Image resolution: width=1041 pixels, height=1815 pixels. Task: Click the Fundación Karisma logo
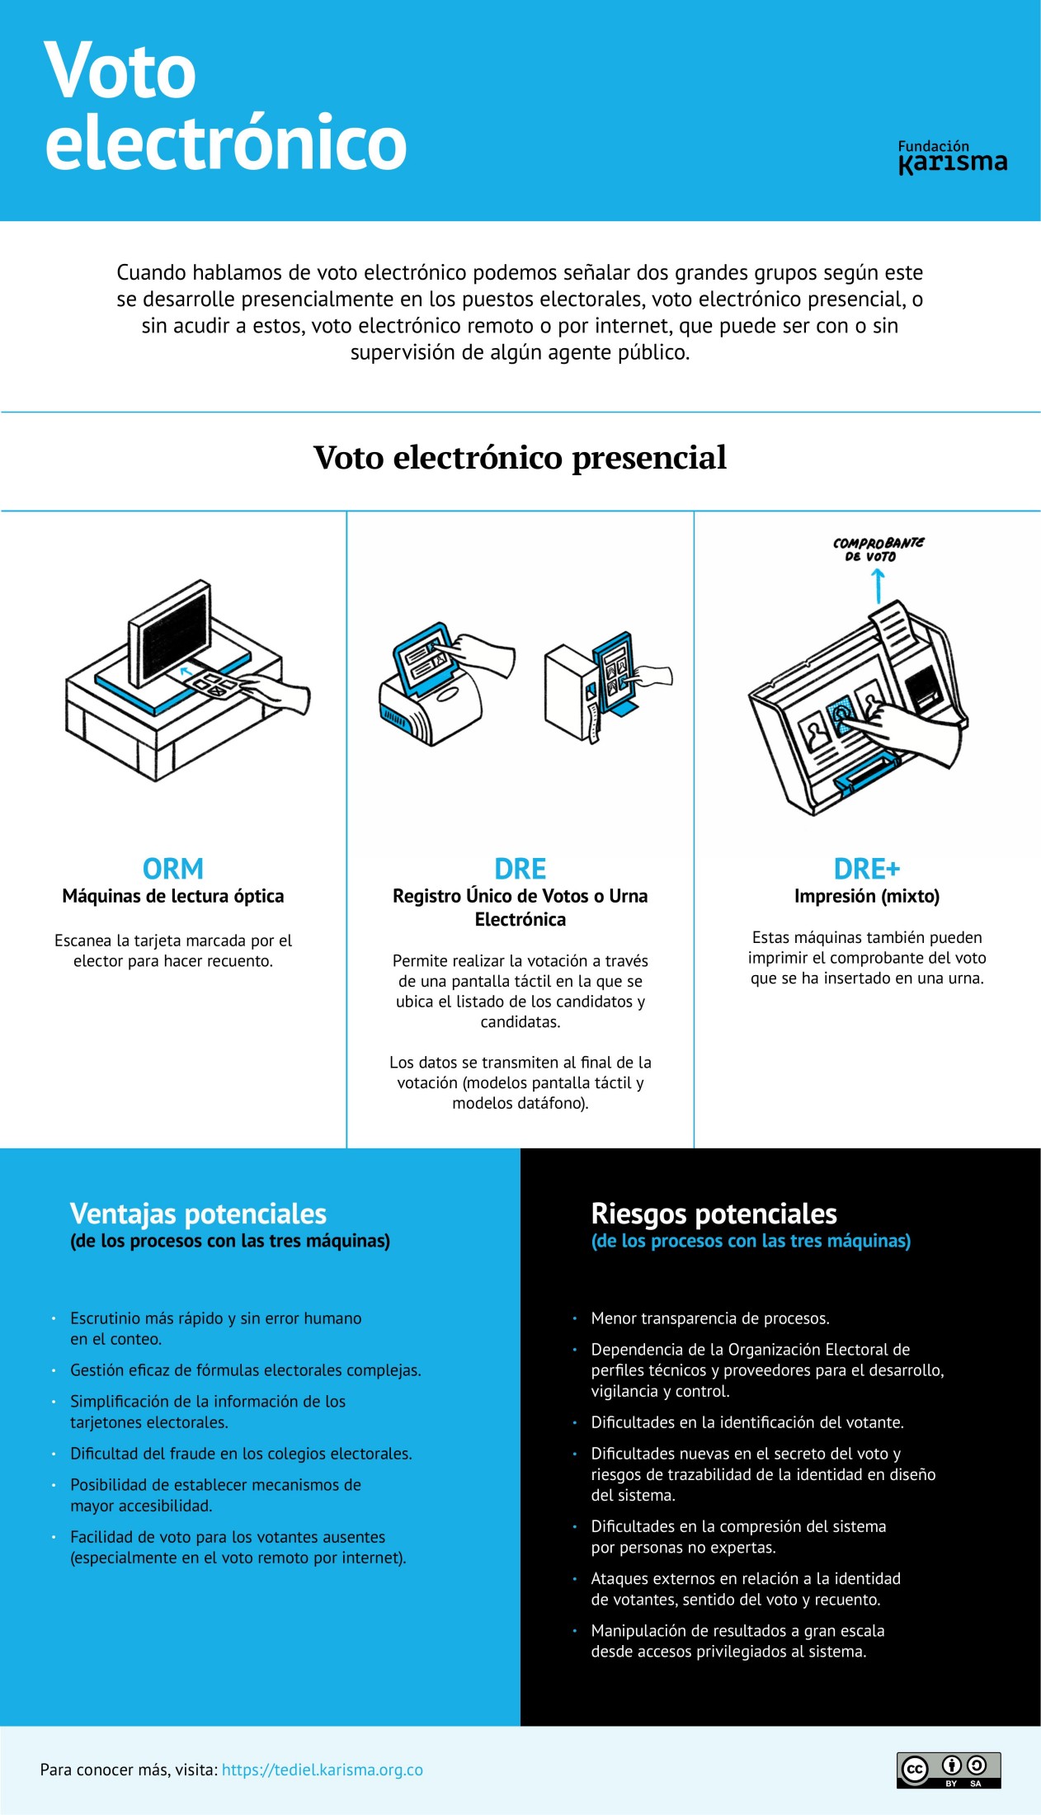(x=952, y=157)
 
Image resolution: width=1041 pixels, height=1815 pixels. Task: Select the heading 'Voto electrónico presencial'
(x=520, y=458)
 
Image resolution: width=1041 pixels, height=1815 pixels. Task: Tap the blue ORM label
(x=173, y=869)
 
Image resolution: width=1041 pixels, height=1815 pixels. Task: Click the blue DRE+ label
(x=866, y=869)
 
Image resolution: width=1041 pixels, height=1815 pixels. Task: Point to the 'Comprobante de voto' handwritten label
(x=878, y=549)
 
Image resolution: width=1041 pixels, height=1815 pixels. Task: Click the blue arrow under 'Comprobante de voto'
(x=878, y=586)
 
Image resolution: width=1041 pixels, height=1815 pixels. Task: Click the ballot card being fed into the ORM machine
(x=210, y=681)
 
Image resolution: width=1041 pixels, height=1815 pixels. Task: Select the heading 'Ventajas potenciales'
(x=198, y=1214)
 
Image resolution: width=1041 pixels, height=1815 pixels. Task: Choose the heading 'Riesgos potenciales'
(x=714, y=1214)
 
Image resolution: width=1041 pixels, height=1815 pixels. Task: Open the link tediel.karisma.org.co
(x=322, y=1770)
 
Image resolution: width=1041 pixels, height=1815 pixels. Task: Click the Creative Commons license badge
(x=949, y=1770)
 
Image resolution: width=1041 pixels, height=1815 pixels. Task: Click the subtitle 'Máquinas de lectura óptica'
(x=173, y=896)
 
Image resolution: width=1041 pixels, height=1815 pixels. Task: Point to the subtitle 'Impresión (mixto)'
(x=866, y=896)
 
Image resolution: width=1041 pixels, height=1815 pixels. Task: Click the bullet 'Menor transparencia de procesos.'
(x=709, y=1318)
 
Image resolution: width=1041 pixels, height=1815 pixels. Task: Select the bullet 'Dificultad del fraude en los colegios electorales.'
(x=241, y=1454)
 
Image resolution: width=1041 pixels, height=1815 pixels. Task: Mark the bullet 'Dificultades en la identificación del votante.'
(x=747, y=1422)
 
